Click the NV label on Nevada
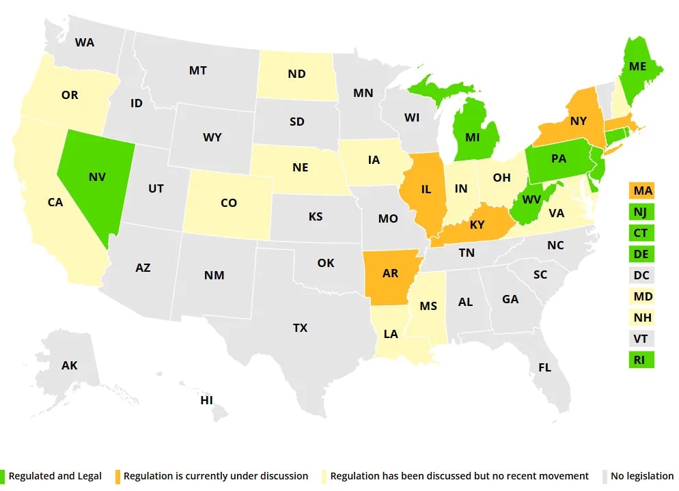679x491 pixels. [97, 176]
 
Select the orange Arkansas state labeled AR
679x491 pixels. [390, 273]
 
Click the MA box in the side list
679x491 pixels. [641, 190]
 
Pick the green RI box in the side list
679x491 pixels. [641, 359]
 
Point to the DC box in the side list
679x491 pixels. [641, 275]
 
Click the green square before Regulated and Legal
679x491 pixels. [3, 476]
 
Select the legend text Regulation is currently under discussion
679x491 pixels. [216, 476]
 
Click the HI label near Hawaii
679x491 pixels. [206, 400]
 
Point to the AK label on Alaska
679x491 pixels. [70, 365]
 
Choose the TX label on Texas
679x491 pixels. [301, 328]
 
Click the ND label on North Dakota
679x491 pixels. [296, 74]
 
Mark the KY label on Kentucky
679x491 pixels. [477, 225]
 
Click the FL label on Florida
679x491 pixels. [544, 367]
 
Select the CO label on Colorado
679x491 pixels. [229, 203]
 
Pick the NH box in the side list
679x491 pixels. [641, 317]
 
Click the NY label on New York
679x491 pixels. [578, 121]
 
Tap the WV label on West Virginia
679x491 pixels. [531, 200]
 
